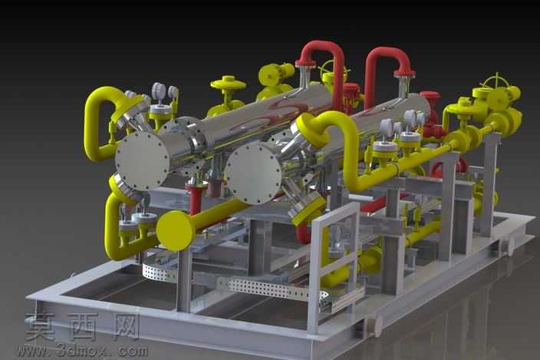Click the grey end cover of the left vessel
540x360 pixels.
click(x=142, y=161)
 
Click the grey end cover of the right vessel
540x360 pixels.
click(x=252, y=174)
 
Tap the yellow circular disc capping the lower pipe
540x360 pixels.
click(x=176, y=230)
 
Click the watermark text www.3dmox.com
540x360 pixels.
click(x=83, y=351)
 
